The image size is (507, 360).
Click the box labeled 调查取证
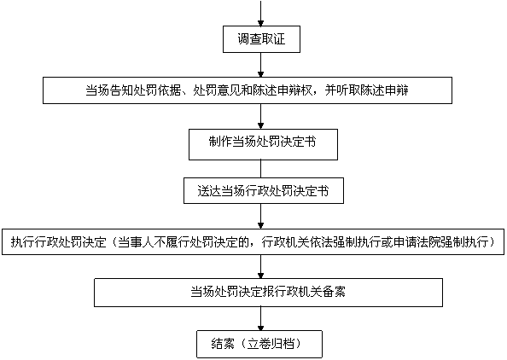coord(261,39)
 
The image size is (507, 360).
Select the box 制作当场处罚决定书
coord(263,144)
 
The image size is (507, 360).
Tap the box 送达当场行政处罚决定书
coord(264,191)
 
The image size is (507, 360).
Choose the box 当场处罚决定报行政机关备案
coord(268,293)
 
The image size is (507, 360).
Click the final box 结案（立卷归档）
coord(259,344)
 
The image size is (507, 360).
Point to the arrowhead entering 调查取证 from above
coord(260,24)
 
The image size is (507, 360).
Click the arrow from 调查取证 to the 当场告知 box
coord(260,65)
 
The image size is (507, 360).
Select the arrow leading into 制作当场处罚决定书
coord(260,116)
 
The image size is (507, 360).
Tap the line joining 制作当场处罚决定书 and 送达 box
coord(260,169)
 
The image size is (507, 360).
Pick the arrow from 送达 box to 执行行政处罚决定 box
coord(260,216)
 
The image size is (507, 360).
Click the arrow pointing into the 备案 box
coord(260,267)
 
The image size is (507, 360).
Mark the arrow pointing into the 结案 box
coord(260,319)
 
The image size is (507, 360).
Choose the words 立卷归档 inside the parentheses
coord(271,344)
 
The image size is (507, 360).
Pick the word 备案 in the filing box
coord(334,292)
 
